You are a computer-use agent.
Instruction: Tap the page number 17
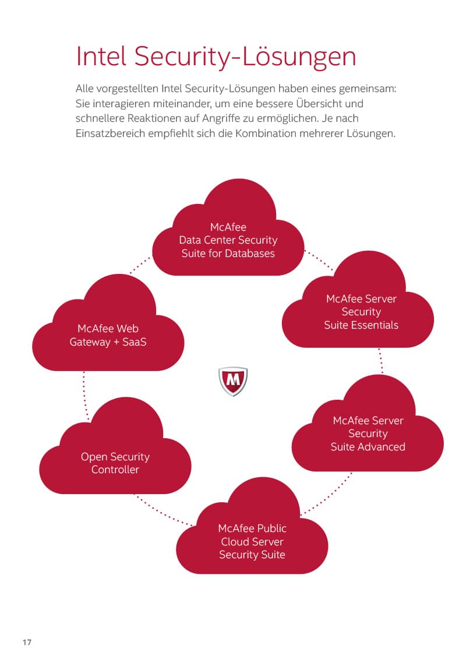[x=27, y=643]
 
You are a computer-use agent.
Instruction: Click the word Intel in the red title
[x=101, y=57]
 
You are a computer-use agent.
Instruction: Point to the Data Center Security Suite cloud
[x=228, y=239]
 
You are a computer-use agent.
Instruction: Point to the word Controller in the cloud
[x=115, y=470]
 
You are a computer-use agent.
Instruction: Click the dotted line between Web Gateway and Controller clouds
[x=84, y=393]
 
